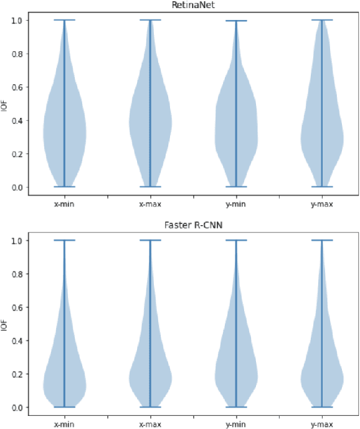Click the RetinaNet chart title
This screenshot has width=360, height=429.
pos(188,5)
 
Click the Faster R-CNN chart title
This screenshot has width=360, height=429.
pos(188,225)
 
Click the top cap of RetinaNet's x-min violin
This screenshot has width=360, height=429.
pos(64,20)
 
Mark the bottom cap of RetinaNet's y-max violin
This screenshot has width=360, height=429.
pos(321,186)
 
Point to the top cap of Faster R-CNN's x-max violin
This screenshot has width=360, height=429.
pos(149,240)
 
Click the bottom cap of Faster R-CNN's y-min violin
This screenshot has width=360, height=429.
pos(235,407)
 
